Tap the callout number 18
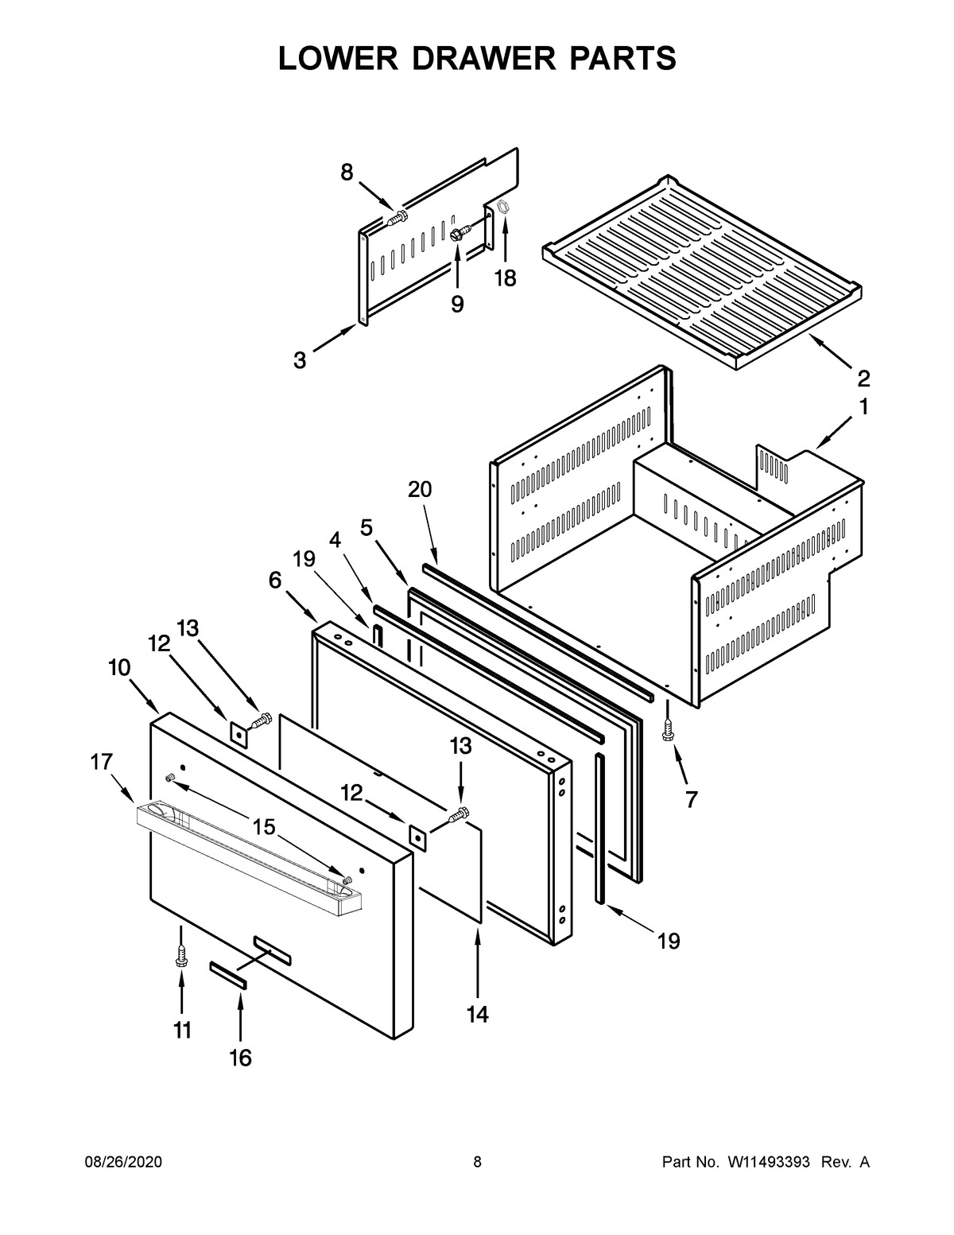point(505,278)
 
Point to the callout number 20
point(420,489)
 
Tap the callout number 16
point(240,1058)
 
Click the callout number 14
point(477,1014)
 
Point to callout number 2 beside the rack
point(863,377)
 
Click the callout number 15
point(264,827)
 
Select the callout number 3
point(299,360)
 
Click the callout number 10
point(119,668)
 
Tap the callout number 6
point(274,581)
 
